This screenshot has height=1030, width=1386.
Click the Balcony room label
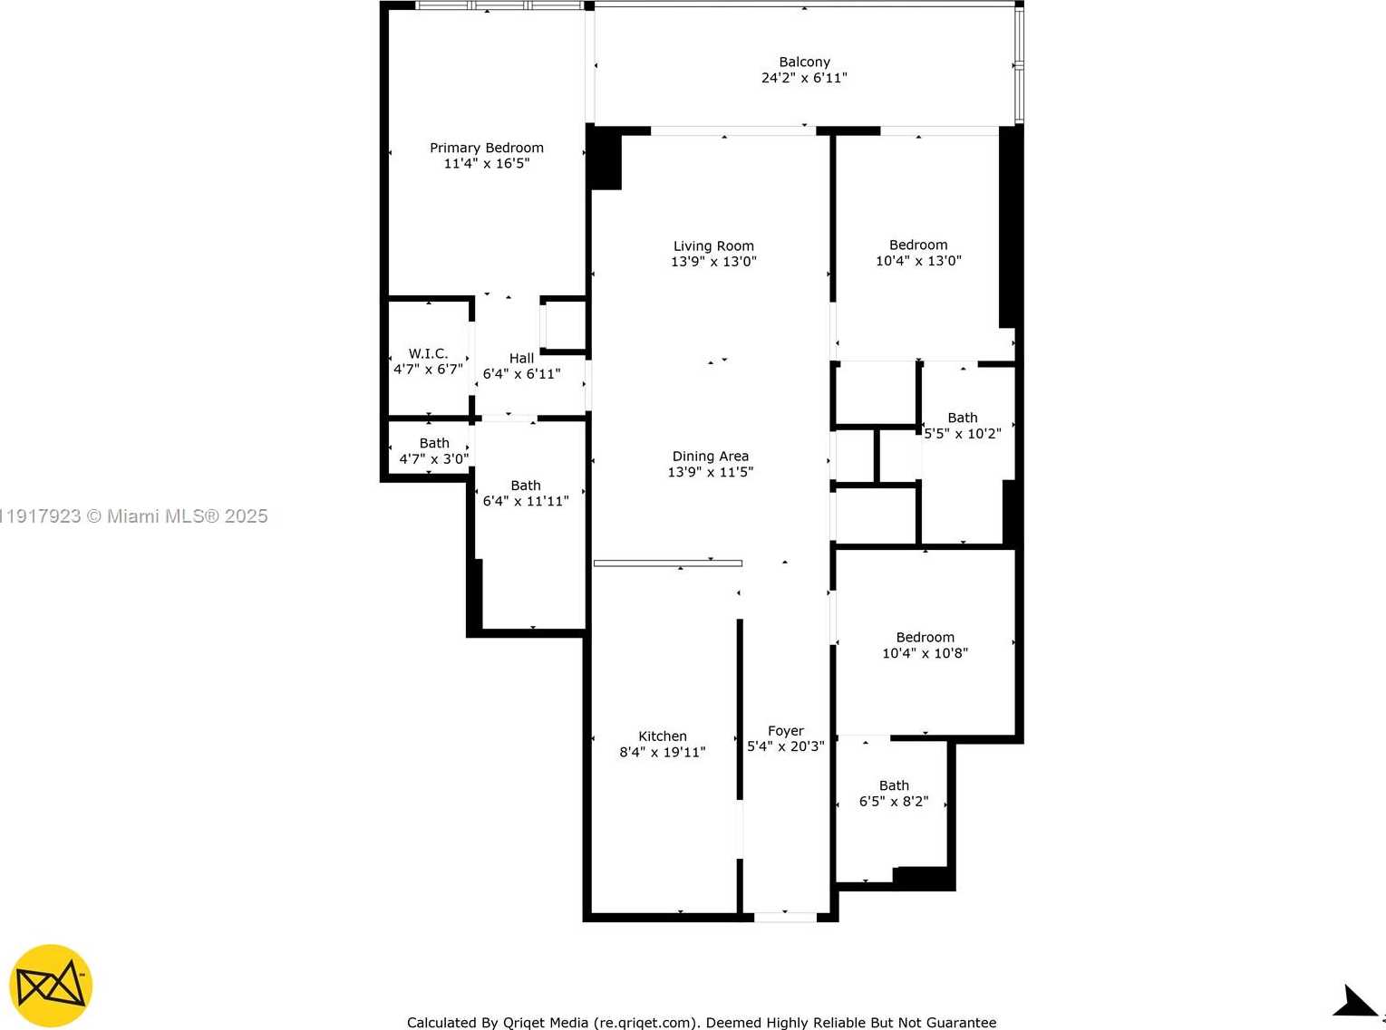tap(804, 62)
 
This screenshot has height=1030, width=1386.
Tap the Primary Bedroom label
tap(487, 148)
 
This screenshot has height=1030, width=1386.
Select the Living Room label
tap(713, 245)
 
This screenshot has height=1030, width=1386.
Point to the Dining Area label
tap(711, 456)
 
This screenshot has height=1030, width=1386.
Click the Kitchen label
tap(663, 736)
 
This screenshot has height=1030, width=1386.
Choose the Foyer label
tap(786, 730)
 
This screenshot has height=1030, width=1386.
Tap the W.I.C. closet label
tap(428, 353)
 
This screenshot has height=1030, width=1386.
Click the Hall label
tap(522, 358)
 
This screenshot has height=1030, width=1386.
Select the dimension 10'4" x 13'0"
tap(918, 261)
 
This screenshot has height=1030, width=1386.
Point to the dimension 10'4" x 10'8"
tap(925, 653)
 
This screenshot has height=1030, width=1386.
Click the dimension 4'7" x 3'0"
tap(434, 459)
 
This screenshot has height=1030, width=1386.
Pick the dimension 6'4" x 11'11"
tap(526, 501)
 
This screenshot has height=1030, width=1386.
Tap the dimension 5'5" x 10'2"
tap(963, 434)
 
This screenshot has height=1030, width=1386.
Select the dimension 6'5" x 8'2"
tap(894, 802)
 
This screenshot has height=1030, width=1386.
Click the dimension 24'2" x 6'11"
tap(804, 78)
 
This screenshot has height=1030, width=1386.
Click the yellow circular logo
tap(51, 986)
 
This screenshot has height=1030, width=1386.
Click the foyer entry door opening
tap(785, 918)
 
